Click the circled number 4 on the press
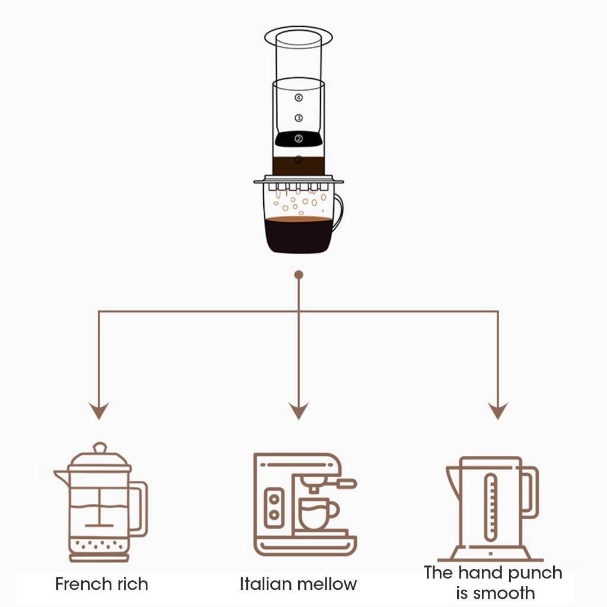point(299,98)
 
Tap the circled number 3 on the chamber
point(299,118)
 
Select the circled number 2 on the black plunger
point(299,139)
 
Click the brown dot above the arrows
point(299,275)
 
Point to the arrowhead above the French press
point(99,410)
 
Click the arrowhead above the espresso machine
point(299,410)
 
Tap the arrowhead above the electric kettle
point(498,410)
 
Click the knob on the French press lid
point(100,448)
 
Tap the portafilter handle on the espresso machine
point(347,483)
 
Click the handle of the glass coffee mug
point(338,213)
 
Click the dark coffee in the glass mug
point(298,235)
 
